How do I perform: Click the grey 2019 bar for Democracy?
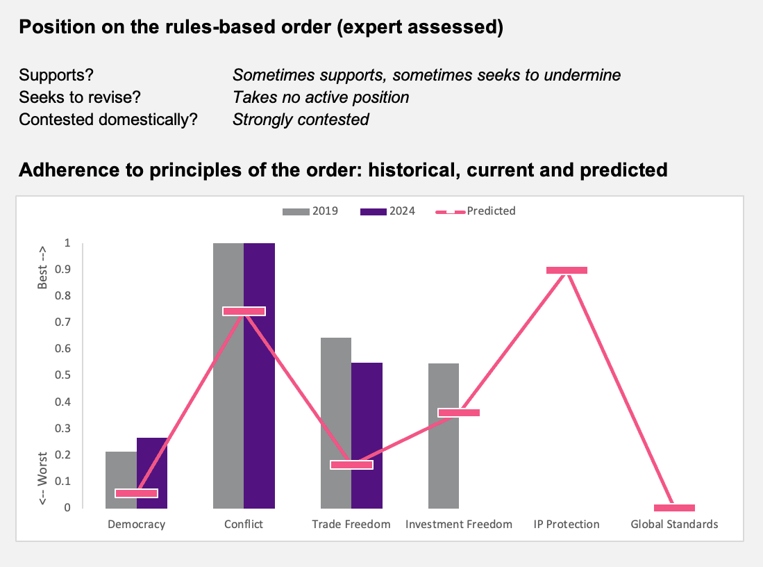point(121,480)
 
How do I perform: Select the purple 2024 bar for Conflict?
point(260,375)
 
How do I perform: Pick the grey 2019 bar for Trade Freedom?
point(336,422)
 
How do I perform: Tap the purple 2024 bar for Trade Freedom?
point(367,436)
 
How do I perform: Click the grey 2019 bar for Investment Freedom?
point(444,436)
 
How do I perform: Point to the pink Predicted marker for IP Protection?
point(567,270)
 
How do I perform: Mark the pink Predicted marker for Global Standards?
point(674,507)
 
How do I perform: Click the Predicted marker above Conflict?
point(244,311)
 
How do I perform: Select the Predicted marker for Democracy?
point(136,493)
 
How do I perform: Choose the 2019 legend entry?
point(310,211)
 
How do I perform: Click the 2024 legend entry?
point(387,211)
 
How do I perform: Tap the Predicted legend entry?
point(476,211)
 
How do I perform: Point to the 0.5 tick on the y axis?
point(62,375)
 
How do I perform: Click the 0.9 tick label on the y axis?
point(62,270)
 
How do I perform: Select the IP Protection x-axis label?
point(567,524)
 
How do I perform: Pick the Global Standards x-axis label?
point(674,524)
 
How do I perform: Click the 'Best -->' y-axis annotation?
point(42,268)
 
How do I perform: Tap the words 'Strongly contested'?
point(301,120)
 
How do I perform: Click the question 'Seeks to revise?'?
point(80,97)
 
